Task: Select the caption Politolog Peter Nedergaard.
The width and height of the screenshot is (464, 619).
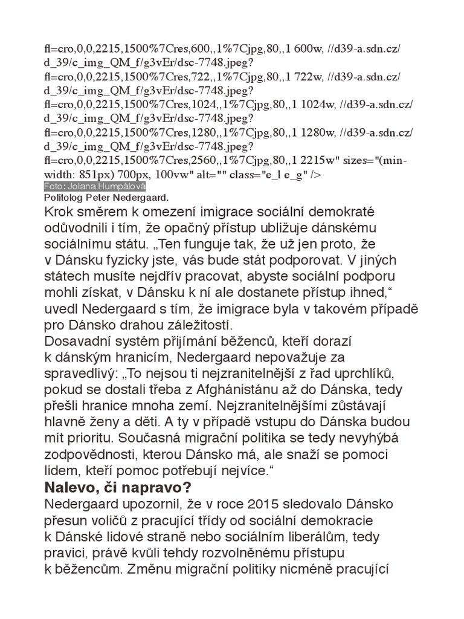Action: [106, 198]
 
